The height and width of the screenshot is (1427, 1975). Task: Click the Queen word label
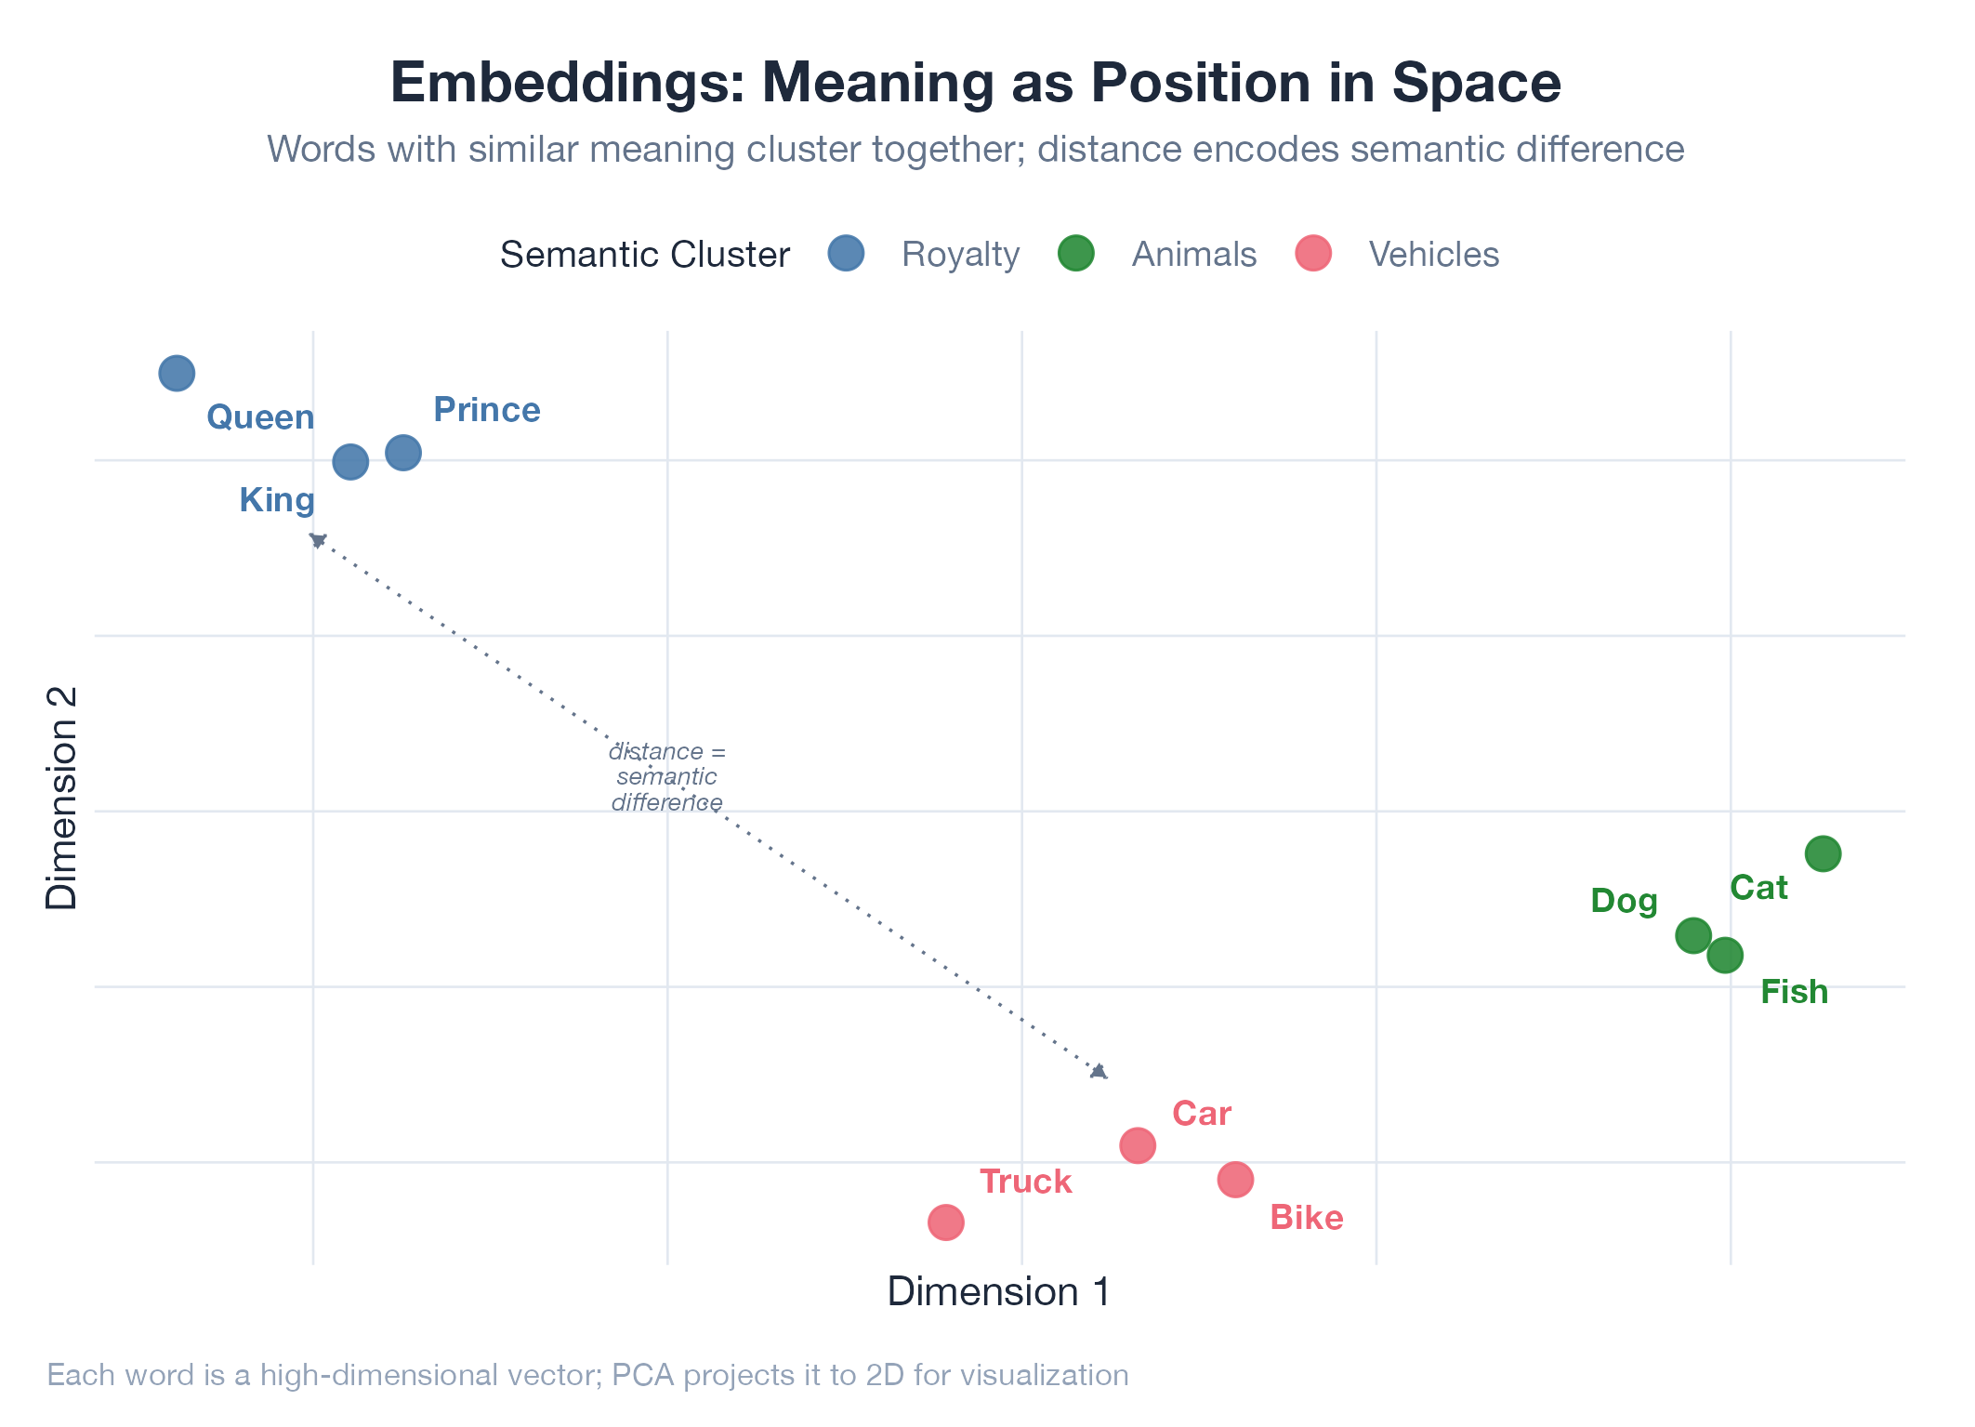260,417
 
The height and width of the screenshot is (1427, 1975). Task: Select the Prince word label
487,410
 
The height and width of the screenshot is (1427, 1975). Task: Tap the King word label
277,500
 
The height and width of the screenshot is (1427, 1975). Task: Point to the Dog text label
1624,901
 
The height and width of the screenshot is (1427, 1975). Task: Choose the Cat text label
1758,888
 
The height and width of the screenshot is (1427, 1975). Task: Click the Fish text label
1794,992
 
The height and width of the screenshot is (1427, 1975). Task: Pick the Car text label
1201,1114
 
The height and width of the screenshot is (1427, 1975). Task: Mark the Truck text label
1026,1182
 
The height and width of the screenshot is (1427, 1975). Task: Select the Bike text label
1306,1218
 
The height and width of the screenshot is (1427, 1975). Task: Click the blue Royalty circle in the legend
846,253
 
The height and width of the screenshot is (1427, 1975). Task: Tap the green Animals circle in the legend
1076,253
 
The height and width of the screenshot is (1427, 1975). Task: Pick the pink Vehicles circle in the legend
1313,253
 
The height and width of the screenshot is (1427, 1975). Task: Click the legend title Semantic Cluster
645,255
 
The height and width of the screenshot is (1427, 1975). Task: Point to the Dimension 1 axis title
999,1292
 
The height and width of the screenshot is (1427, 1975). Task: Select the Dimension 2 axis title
62,798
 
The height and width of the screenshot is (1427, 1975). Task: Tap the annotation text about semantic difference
666,777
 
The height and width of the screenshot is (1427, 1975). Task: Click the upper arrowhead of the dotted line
318,540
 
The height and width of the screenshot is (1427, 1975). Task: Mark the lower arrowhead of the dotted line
1099,1072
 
